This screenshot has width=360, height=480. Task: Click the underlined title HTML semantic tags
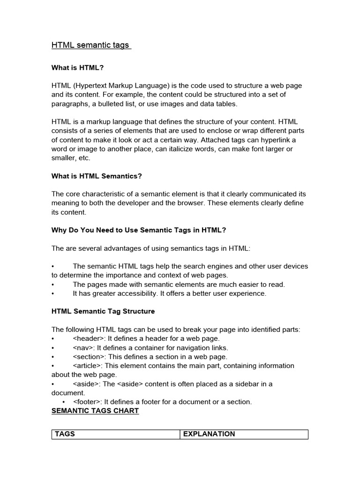point(90,45)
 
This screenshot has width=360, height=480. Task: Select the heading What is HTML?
point(77,67)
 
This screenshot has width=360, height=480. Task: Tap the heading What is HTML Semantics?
point(97,176)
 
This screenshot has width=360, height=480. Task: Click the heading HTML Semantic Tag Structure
point(103,311)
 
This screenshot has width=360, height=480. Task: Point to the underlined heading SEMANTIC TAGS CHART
point(95,411)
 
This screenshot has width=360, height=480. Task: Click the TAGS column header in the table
point(65,434)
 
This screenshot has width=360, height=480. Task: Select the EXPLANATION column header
point(209,434)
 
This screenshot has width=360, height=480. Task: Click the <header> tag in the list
point(86,338)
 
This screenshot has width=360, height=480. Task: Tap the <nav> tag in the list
point(83,348)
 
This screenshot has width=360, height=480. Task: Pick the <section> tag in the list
point(88,357)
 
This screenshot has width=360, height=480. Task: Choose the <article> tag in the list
point(87,366)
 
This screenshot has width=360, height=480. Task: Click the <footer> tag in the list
point(87,402)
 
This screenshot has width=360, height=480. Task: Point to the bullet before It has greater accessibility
point(53,294)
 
